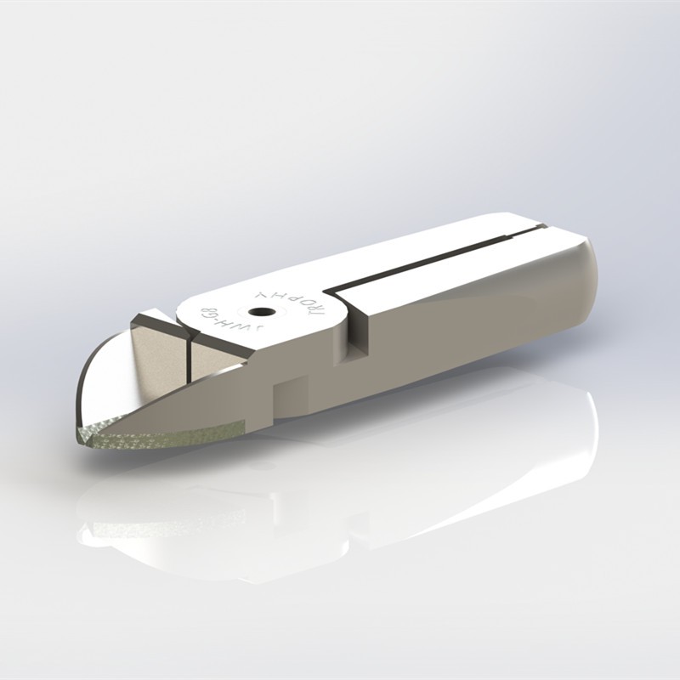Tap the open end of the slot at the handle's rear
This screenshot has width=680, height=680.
pos(539,227)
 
